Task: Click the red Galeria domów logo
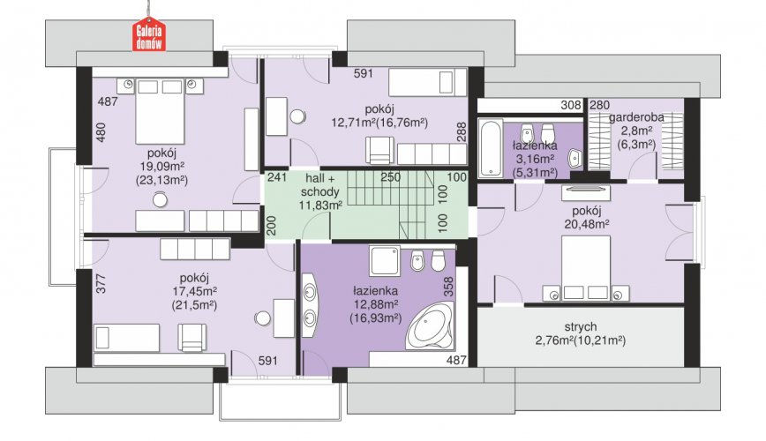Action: [149, 36]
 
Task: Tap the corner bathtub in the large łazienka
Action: [430, 325]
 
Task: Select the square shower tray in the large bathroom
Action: [385, 261]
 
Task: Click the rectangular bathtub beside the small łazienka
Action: [490, 147]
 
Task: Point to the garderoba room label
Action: [636, 117]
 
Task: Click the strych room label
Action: [581, 326]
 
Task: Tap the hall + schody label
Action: [320, 184]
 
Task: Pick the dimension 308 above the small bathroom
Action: [571, 105]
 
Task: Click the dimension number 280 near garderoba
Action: [600, 105]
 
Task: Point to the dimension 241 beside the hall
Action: [277, 176]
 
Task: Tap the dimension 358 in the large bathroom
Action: [448, 287]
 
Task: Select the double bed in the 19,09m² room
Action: [160, 111]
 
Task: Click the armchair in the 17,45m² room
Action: [192, 338]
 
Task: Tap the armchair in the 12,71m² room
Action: [379, 151]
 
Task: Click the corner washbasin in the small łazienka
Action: [575, 158]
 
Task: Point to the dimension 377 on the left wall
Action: [101, 284]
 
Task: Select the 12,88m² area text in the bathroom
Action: [376, 305]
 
